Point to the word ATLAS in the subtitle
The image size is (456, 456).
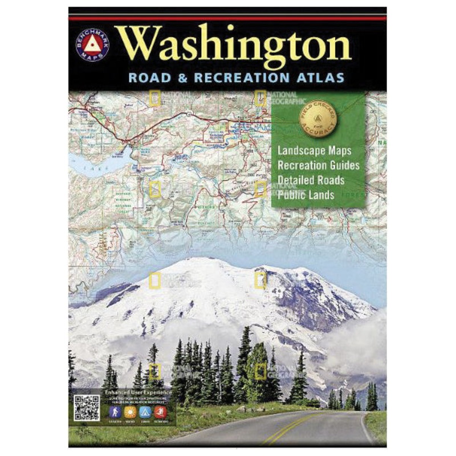click(x=323, y=77)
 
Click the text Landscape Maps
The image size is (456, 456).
click(x=314, y=152)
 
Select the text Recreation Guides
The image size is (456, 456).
click(x=319, y=166)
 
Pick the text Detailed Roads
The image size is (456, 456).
click(x=311, y=180)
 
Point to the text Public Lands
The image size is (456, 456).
click(x=306, y=194)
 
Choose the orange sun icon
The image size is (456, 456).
click(x=130, y=411)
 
